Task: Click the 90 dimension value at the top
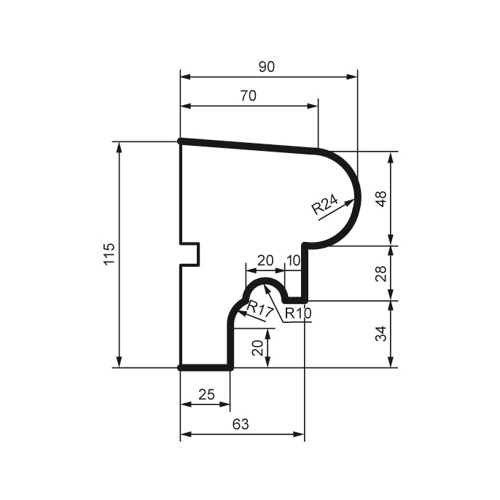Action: click(267, 66)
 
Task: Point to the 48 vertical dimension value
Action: click(380, 198)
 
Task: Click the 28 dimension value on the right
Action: click(380, 273)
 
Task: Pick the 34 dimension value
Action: click(380, 333)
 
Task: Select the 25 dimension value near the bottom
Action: click(206, 394)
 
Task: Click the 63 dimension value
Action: click(241, 424)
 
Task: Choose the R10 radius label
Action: click(297, 314)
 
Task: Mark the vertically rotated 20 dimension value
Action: click(257, 348)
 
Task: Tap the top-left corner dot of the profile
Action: click(180, 141)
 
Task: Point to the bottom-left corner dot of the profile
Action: click(180, 368)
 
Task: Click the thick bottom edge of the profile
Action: click(206, 368)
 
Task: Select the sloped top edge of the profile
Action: click(248, 146)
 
